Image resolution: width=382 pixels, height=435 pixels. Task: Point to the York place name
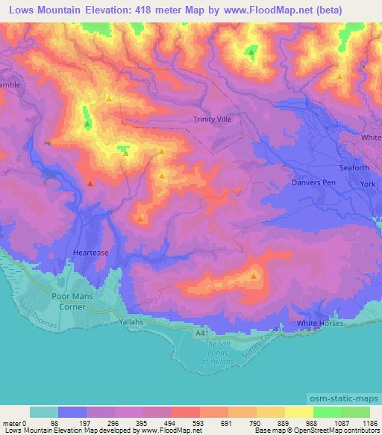366,183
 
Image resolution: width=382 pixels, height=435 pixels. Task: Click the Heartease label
91,253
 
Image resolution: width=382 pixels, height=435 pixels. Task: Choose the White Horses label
320,323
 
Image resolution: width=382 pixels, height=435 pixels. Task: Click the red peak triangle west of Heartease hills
90,182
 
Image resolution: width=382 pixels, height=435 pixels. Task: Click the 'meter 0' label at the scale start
14,423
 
